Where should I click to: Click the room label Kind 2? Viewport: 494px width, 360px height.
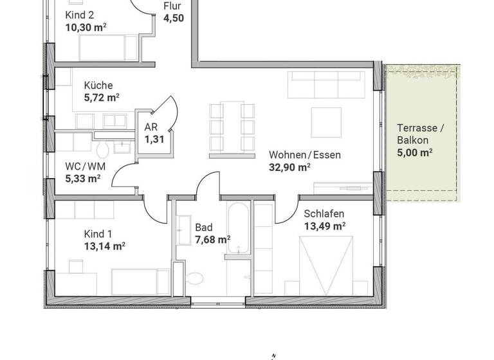(x=80, y=14)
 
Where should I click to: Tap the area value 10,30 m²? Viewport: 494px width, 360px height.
(x=86, y=27)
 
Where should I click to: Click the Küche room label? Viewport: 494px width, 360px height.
(x=98, y=85)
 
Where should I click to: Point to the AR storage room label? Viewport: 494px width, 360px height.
(x=151, y=127)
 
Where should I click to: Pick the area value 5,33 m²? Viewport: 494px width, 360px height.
(x=82, y=179)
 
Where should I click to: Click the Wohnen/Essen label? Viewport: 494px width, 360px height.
(x=304, y=155)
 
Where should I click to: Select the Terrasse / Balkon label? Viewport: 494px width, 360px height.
(x=421, y=134)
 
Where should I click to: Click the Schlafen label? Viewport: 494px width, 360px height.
(x=324, y=213)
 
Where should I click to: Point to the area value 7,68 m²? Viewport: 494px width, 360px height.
(x=213, y=240)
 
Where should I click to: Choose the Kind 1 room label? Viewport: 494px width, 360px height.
(x=98, y=233)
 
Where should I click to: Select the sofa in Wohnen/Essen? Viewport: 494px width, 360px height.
(x=325, y=84)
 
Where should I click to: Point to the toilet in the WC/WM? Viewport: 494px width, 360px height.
(x=102, y=151)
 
